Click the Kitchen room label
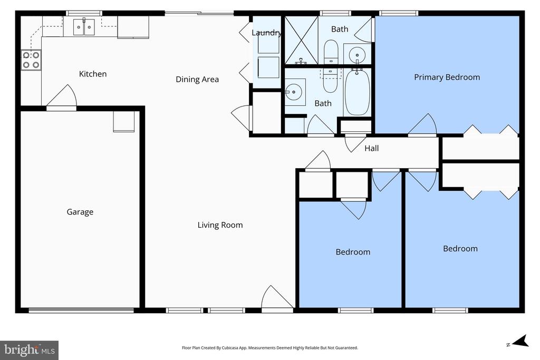coord(93,74)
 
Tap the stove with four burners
coord(31,60)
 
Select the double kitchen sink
coord(83,25)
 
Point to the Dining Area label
coord(197,80)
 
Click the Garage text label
coord(80,212)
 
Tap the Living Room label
coord(220,225)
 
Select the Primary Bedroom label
coord(447,77)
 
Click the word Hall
coord(372,148)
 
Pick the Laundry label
coord(267,33)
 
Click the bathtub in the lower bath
coord(357,92)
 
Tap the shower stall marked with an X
coord(301,40)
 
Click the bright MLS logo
coord(29,349)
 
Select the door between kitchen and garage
coord(62,98)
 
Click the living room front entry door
coord(277,299)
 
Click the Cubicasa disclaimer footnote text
coord(270,348)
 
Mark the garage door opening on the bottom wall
coord(81,310)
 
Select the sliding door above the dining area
coord(199,13)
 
